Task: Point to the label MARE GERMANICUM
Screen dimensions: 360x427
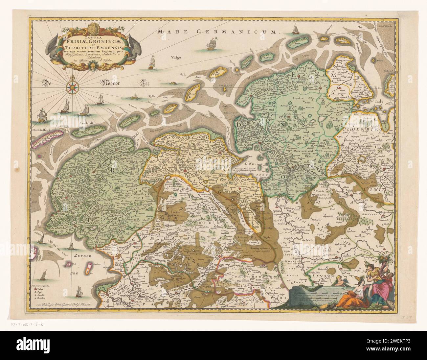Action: pos(217,32)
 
